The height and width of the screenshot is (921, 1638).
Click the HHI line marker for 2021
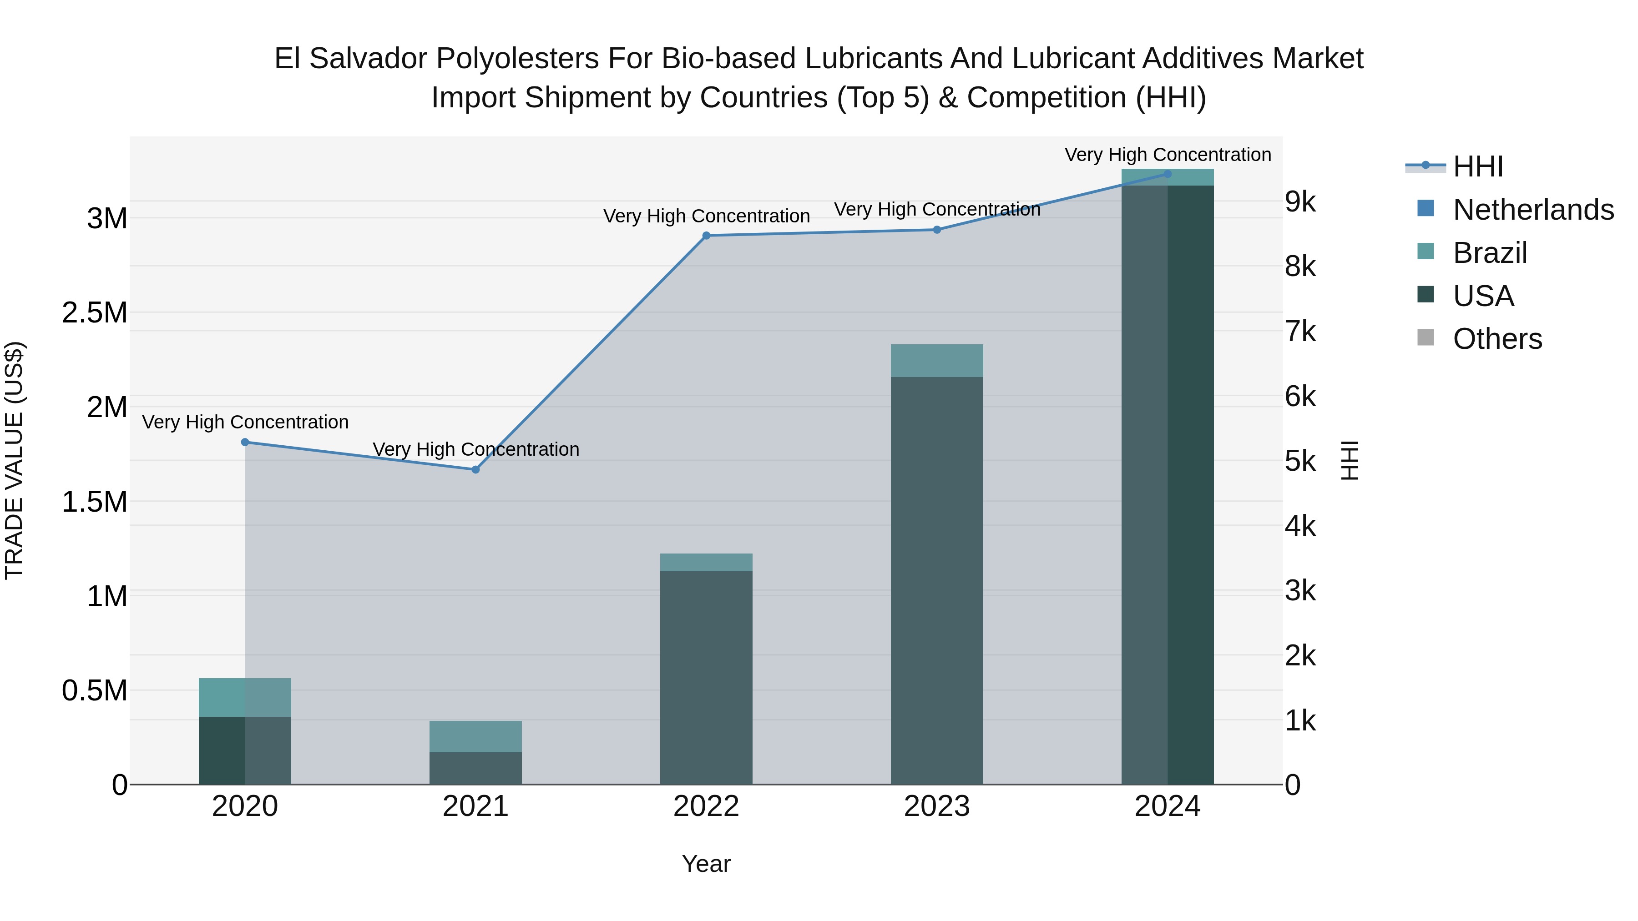475,470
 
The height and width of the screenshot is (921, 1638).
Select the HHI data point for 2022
706,236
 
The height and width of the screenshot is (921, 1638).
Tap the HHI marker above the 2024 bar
1168,174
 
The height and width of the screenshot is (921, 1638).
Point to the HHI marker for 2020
245,443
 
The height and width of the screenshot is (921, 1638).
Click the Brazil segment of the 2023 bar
937,360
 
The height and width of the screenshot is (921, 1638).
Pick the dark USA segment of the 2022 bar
706,677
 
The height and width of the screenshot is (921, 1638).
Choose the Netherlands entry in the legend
1532,210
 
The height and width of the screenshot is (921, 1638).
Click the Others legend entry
1497,339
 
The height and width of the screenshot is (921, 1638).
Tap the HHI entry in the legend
1478,166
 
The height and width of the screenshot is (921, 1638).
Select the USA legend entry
1483,296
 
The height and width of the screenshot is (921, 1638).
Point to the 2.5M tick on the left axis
95,313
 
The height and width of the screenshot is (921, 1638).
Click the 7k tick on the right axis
1300,332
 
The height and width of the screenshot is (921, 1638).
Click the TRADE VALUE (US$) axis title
14,460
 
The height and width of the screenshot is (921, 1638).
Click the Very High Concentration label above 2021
475,449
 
